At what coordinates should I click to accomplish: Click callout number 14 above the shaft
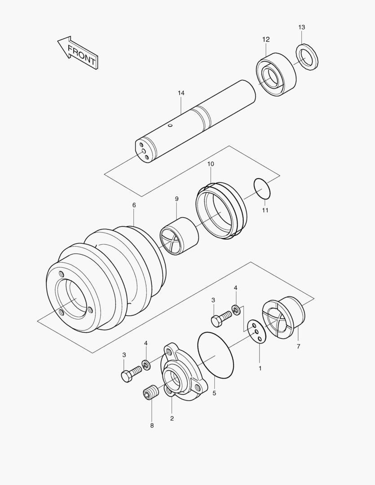coord(181,93)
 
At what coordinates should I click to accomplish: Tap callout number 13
coord(301,27)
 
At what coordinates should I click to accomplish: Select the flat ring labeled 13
coord(307,57)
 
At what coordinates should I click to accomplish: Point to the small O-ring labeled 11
coord(262,189)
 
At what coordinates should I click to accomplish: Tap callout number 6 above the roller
coord(134,205)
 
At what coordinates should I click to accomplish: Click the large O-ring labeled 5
coord(216,355)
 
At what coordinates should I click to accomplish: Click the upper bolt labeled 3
coord(219,319)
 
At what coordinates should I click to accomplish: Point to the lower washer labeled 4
coord(146,363)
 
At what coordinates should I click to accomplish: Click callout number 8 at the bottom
coord(152,425)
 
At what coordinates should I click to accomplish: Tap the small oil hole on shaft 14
coord(170,126)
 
